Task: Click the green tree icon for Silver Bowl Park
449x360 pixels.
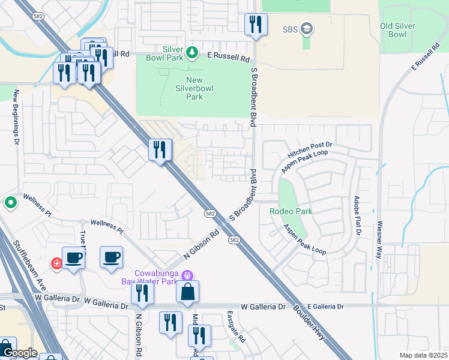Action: (x=192, y=53)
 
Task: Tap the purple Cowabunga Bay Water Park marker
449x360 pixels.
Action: (x=187, y=276)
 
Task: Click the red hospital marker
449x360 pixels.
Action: (x=57, y=263)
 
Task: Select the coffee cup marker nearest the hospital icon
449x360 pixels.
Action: (x=73, y=258)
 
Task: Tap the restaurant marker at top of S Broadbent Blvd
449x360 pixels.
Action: (x=256, y=24)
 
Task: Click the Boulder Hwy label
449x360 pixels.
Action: (x=309, y=324)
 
